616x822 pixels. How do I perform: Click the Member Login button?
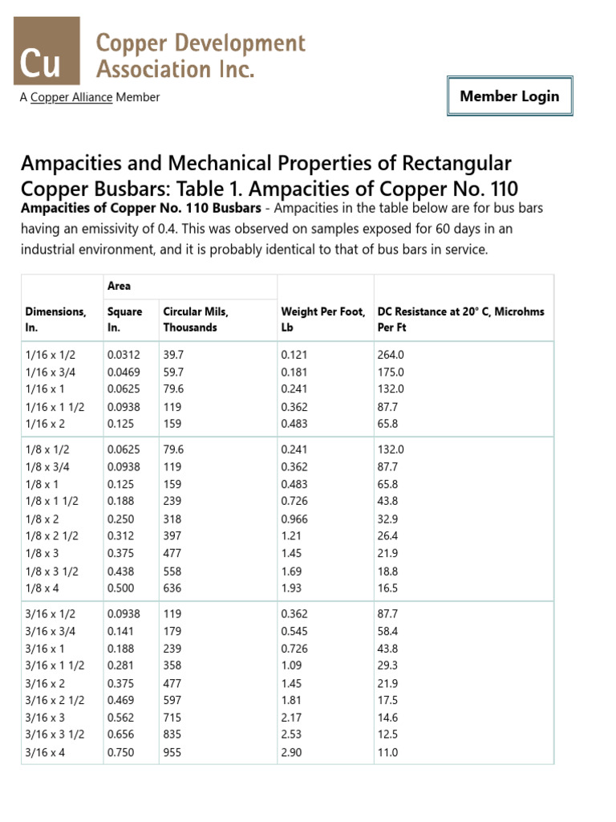click(509, 96)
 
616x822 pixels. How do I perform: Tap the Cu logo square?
click(47, 51)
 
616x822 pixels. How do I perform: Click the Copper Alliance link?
click(71, 97)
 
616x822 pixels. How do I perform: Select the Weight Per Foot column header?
click(323, 319)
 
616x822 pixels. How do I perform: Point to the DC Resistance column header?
click(460, 319)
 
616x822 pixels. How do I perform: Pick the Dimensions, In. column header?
click(55, 319)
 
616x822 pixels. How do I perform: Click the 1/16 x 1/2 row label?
click(51, 355)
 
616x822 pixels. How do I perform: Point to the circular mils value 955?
click(172, 752)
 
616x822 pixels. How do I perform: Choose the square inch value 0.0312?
click(122, 355)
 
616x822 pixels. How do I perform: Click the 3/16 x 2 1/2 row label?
click(55, 700)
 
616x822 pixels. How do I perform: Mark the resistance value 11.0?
click(387, 752)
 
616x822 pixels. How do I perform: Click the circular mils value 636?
click(172, 588)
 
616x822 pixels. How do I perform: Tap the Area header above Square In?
click(119, 287)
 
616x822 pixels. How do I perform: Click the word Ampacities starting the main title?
click(71, 164)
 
